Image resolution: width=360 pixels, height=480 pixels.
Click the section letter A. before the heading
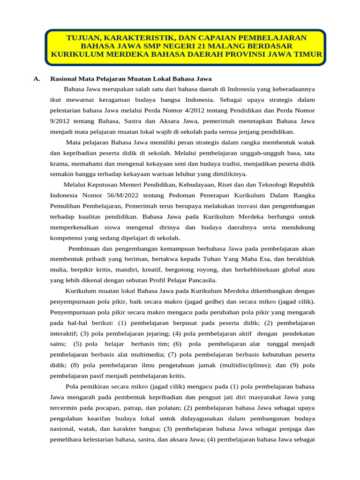coord(37,78)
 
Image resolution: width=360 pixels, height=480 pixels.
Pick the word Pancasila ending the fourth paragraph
coord(202,280)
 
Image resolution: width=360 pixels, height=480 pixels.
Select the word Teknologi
coord(273,185)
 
